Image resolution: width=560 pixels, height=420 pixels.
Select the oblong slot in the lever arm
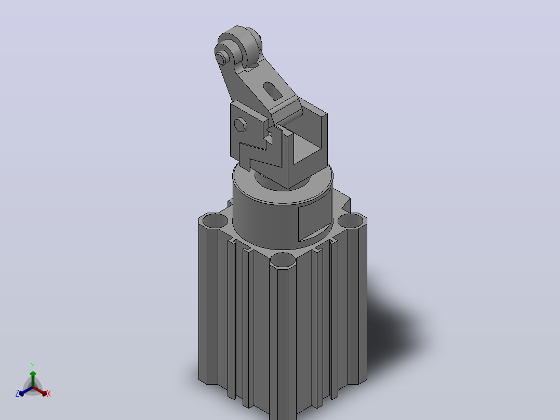[273, 91]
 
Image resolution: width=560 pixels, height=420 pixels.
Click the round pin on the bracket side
[241, 124]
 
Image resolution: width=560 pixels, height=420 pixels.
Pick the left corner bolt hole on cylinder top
[215, 220]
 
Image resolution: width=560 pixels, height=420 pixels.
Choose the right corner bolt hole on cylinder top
[351, 220]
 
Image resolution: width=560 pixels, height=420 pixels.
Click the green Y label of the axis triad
[33, 365]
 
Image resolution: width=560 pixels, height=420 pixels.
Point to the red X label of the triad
[49, 393]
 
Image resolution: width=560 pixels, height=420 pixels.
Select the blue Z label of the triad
[17, 393]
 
